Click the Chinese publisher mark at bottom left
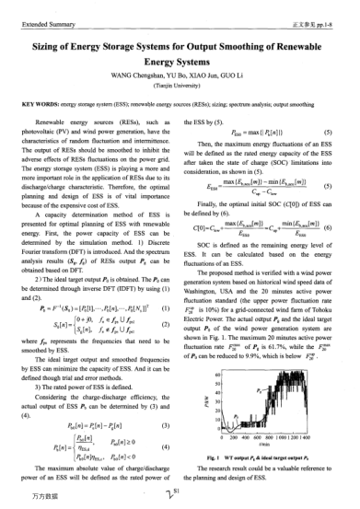coord(28,493)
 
